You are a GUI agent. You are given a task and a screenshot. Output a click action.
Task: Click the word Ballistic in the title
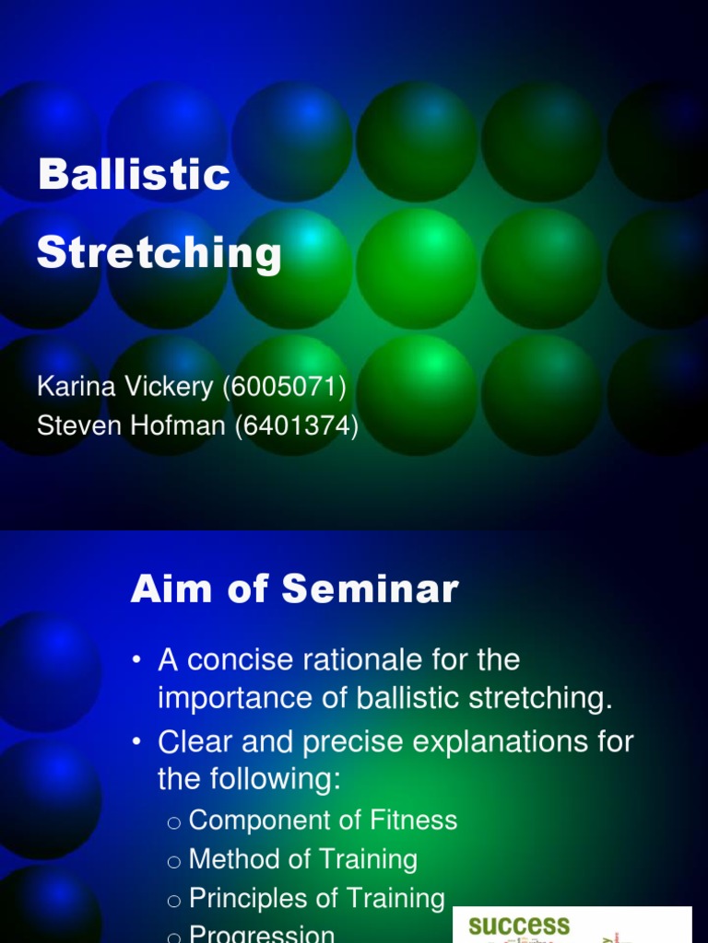(x=134, y=174)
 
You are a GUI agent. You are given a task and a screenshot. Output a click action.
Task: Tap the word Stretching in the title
(x=159, y=251)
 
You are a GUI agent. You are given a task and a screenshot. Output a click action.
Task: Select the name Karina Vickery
(x=125, y=387)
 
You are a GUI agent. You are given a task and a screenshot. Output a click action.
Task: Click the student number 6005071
(x=284, y=387)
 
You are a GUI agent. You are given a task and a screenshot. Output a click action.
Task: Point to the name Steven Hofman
(x=129, y=426)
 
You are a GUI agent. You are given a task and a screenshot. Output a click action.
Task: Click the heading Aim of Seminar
(x=294, y=588)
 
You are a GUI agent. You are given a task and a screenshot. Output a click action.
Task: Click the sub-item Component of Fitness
(x=323, y=820)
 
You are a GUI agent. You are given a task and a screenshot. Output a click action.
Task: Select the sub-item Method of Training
(x=302, y=859)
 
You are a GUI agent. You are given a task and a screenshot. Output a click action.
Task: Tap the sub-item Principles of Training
(x=316, y=898)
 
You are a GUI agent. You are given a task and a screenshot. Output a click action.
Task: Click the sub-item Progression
(x=262, y=934)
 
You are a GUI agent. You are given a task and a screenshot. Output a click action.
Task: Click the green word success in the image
(x=519, y=926)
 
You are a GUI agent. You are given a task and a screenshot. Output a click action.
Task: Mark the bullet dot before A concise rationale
(x=137, y=660)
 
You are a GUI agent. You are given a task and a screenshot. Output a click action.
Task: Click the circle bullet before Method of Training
(x=174, y=860)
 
